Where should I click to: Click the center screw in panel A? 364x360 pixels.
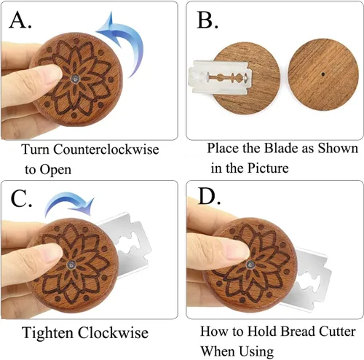tap(75, 79)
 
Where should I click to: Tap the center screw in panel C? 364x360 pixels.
tap(71, 265)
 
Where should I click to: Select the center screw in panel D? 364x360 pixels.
tap(250, 265)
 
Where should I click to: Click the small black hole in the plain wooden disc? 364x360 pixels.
tap(323, 74)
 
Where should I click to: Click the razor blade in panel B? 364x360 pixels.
tap(221, 77)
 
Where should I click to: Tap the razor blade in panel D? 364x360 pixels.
tap(308, 279)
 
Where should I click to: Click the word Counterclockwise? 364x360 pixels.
tap(106, 149)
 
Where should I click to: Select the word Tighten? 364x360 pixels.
tap(47, 333)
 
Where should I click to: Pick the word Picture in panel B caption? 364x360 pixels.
tap(268, 168)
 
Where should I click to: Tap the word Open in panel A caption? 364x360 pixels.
tap(55, 170)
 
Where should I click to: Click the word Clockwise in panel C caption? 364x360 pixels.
tap(113, 333)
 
